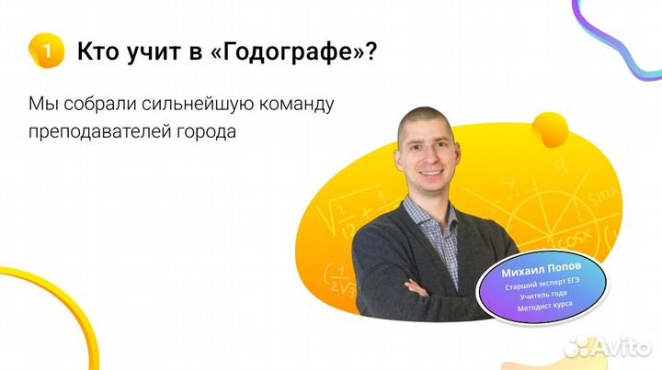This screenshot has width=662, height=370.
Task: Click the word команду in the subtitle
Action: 292,103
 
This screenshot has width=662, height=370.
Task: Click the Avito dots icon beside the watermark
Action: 578,345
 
